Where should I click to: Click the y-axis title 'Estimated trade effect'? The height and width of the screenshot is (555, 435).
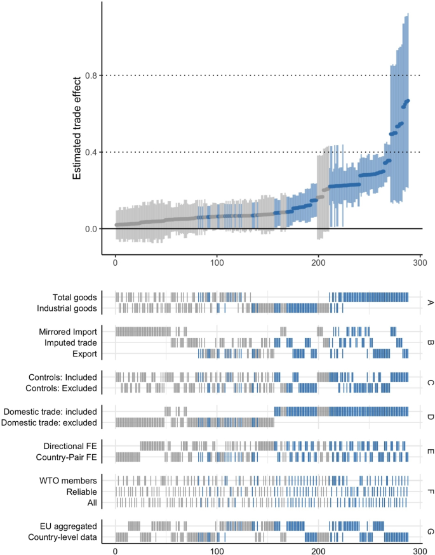pos(77,127)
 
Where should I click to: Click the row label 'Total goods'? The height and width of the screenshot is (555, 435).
pos(74,297)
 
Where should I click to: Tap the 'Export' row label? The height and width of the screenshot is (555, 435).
pos(84,353)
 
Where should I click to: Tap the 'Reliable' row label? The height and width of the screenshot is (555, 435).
pos(81,491)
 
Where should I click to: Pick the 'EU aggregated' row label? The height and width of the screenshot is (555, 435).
pos(69,525)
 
